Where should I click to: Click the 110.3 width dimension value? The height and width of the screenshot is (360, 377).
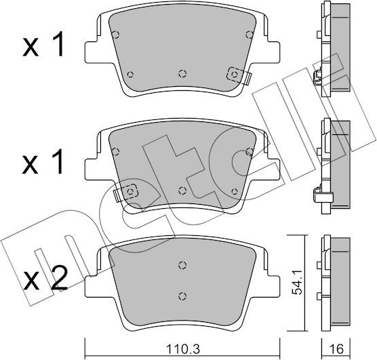pos(182,349)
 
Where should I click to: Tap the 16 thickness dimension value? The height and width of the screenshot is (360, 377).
pos(336,349)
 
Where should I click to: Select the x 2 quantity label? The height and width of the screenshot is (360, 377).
pos(45,279)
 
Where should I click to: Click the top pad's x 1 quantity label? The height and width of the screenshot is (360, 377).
pos(43,44)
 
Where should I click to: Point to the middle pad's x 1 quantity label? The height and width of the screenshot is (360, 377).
pos(43,161)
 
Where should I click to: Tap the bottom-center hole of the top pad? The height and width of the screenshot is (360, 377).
pos(182,73)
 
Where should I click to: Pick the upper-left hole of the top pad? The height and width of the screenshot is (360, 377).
pos(116,35)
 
